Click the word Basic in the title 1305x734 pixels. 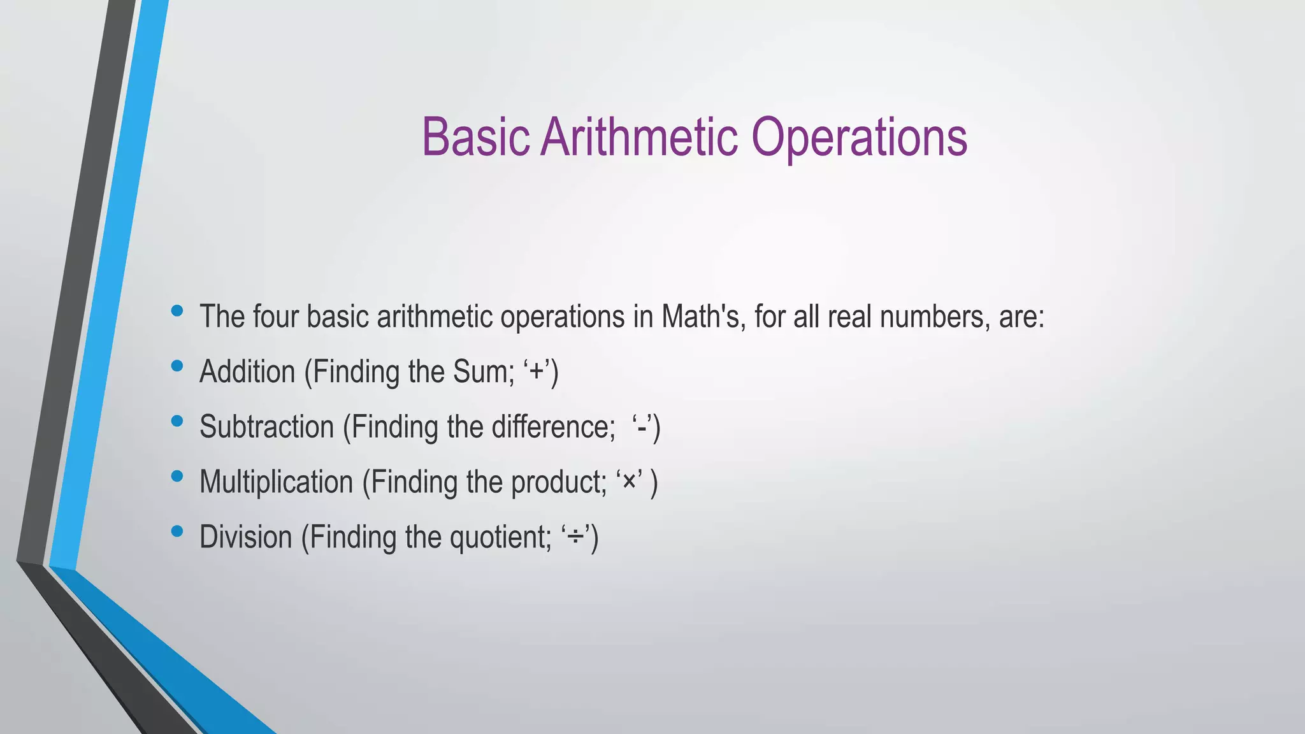coord(475,137)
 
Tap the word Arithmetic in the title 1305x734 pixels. coord(639,137)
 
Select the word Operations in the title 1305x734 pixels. coord(859,138)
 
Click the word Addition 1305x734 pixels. coord(247,371)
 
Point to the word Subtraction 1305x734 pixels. coord(266,427)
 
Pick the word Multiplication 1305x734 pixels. coord(276,482)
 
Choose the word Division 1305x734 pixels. coord(245,536)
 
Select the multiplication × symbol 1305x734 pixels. coord(629,482)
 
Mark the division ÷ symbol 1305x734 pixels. coord(576,537)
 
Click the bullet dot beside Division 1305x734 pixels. coord(177,531)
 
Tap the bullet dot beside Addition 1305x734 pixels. coord(177,366)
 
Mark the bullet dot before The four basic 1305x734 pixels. coord(177,311)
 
